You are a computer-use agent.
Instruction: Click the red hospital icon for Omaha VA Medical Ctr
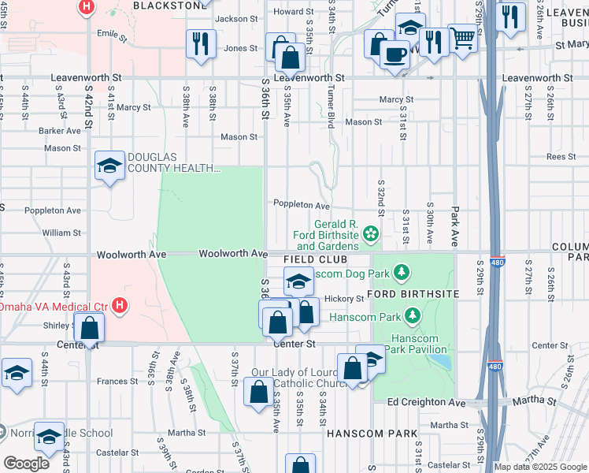coord(119,305)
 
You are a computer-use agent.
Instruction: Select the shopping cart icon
coord(462,36)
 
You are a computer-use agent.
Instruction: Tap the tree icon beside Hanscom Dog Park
coord(402,273)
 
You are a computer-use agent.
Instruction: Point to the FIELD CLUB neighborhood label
coord(315,259)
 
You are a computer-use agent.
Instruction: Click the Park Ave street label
coord(454,216)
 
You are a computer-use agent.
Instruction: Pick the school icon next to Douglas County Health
coord(109,165)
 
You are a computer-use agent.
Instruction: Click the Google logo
coord(26,464)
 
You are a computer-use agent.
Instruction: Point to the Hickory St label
coord(344,299)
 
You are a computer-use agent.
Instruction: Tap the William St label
coord(61,233)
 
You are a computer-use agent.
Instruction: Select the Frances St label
coord(118,381)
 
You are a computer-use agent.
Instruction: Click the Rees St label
coord(561,157)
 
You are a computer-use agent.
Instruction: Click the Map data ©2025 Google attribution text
coord(540,467)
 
